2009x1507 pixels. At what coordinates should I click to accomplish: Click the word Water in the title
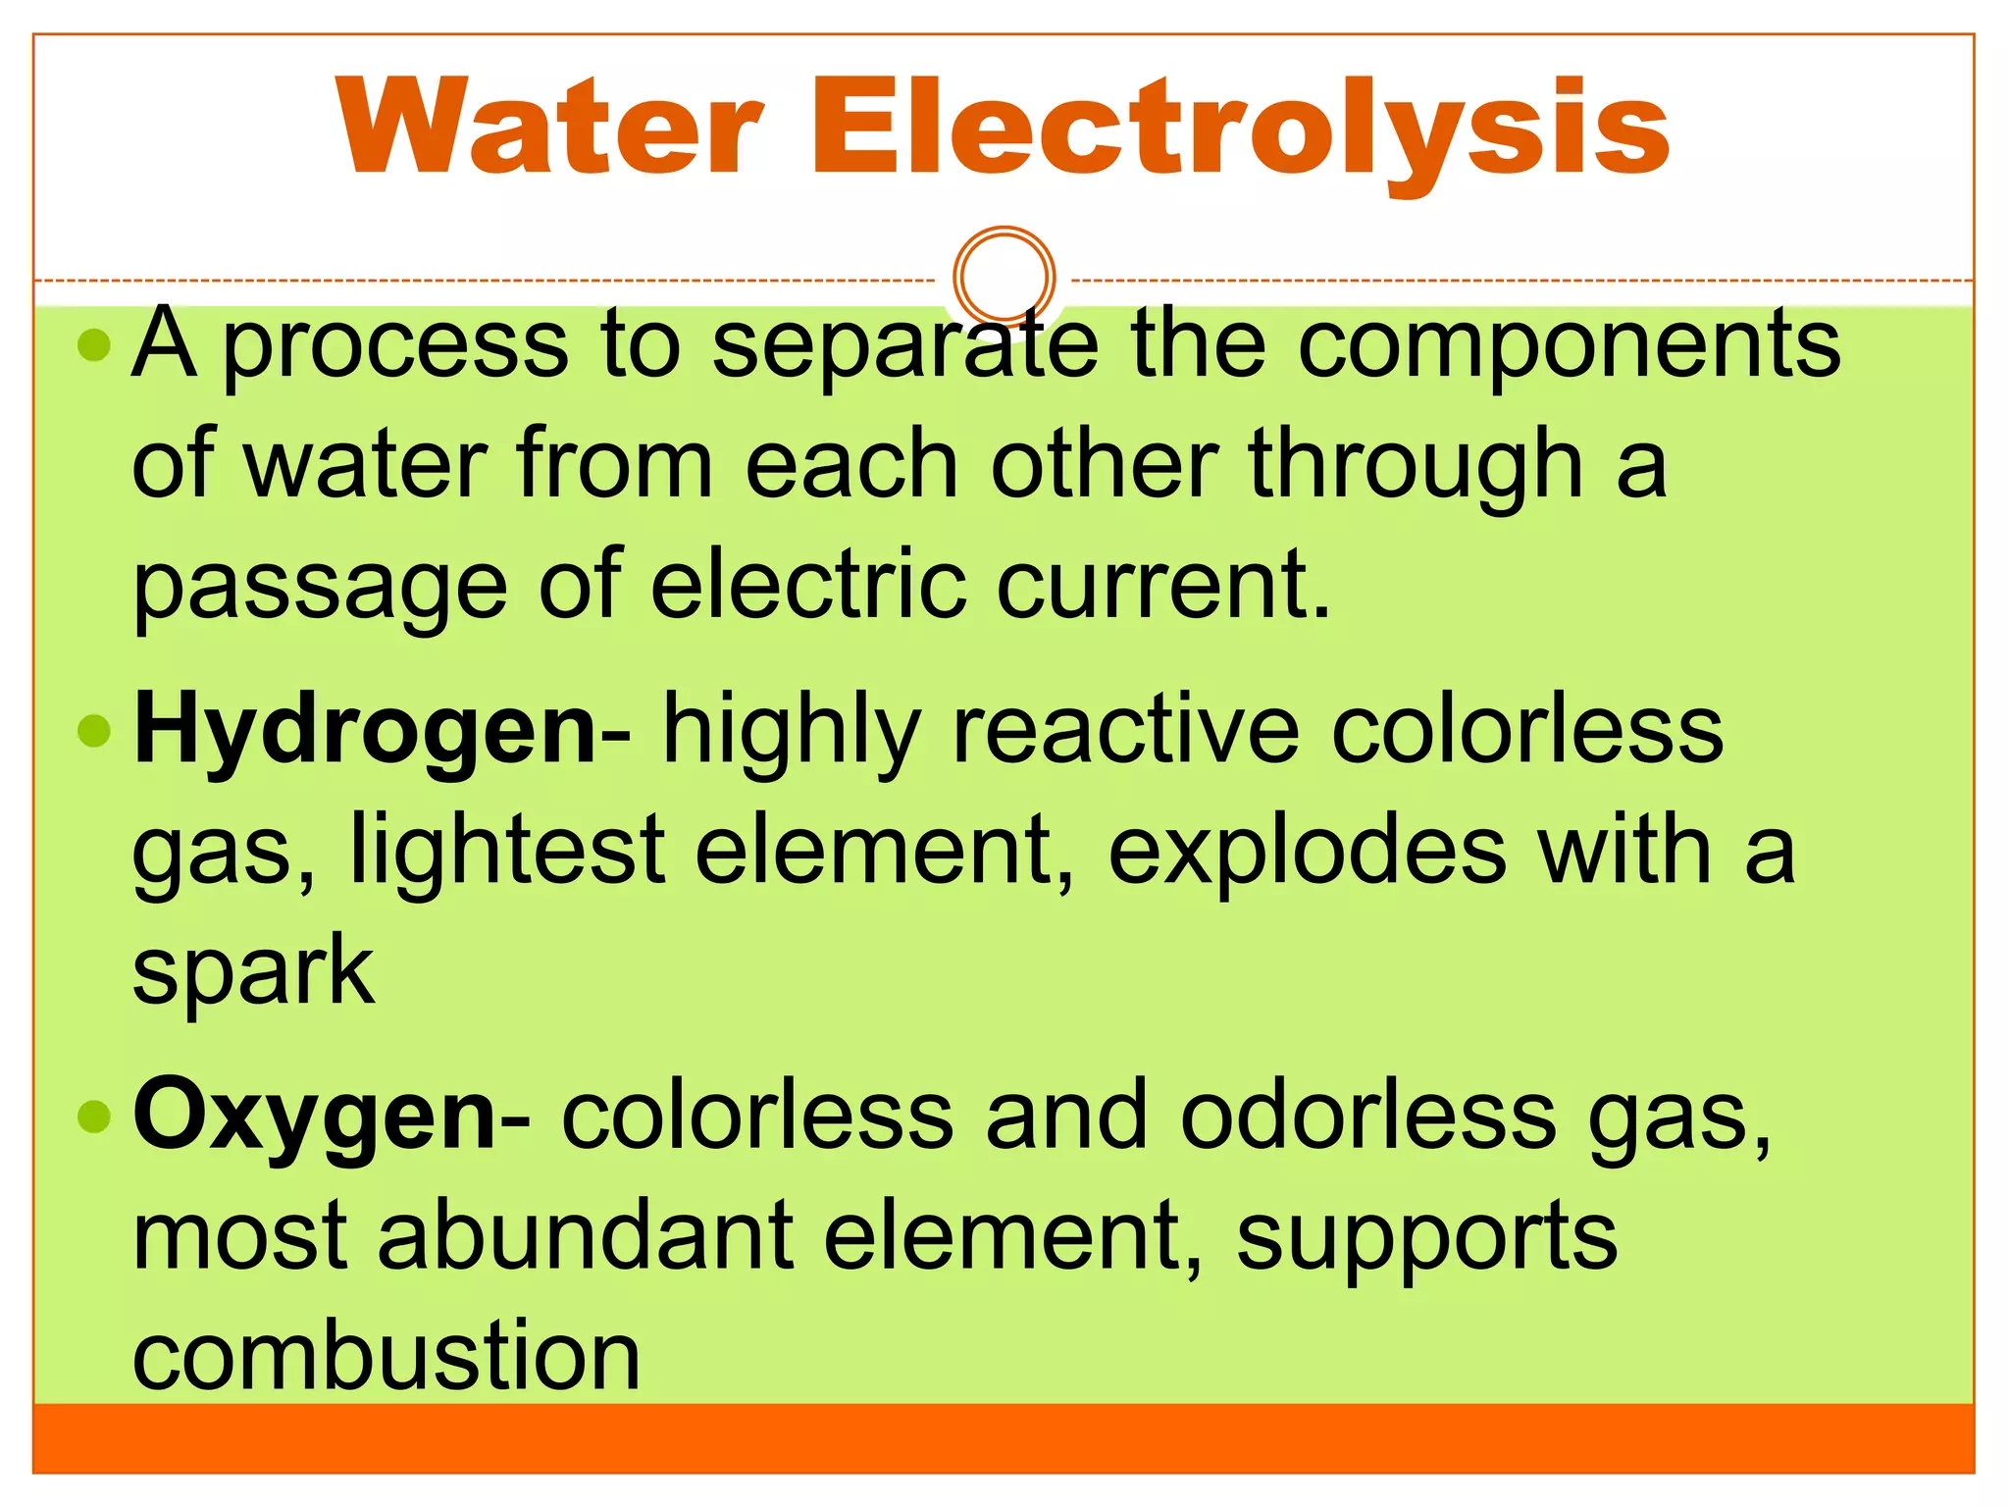click(549, 128)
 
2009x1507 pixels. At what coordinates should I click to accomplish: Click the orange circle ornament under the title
click(1004, 277)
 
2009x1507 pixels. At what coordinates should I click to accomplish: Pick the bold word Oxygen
click(315, 1117)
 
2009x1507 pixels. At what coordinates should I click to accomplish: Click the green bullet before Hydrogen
click(94, 731)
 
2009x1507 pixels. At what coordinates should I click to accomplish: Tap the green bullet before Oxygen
click(94, 1116)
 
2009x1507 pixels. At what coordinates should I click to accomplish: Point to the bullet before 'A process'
click(94, 344)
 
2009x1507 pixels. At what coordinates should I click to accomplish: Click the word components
click(1569, 344)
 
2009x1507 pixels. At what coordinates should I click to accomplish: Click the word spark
click(253, 971)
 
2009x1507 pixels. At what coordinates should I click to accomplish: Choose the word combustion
click(386, 1356)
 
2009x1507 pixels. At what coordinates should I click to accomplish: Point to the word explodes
click(1307, 851)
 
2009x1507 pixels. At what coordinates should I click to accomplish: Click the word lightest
click(507, 851)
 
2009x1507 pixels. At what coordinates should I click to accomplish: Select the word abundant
click(586, 1236)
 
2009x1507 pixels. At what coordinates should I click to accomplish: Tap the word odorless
click(1367, 1117)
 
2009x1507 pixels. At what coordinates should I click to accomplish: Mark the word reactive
click(1126, 731)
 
